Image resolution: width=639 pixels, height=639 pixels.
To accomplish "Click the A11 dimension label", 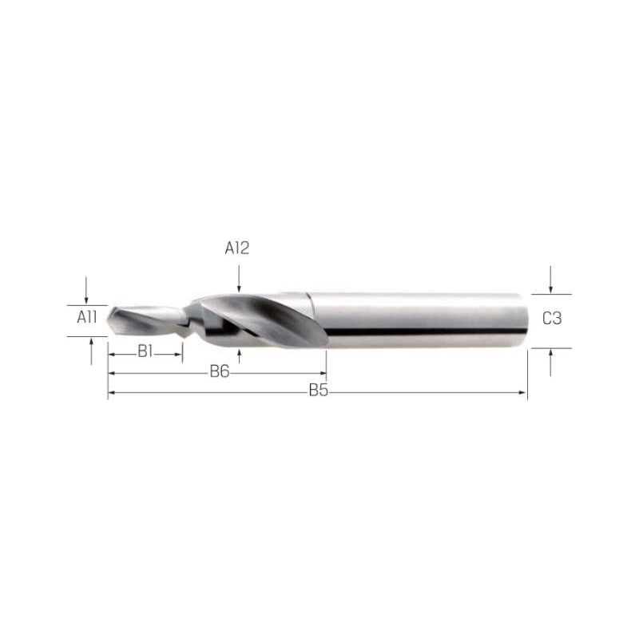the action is point(87,317).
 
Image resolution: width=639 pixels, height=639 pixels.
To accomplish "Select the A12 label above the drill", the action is point(236,248).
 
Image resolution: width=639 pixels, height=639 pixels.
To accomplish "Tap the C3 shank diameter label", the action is point(552,318).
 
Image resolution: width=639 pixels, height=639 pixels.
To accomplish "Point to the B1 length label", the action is point(145,351).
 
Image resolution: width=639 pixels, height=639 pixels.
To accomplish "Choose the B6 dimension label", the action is point(220,371).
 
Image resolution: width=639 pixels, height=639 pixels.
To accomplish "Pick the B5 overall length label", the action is point(318,391).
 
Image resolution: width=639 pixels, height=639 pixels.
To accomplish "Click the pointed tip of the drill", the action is point(108,320).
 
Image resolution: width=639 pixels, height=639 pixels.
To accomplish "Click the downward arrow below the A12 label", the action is point(239,279).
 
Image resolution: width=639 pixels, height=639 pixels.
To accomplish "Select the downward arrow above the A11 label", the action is point(86,290).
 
